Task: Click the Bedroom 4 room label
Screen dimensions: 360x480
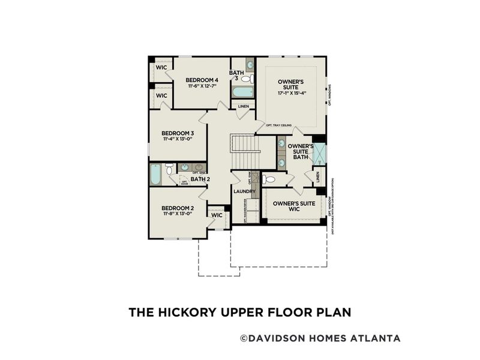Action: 201,80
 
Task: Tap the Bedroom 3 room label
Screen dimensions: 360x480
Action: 178,133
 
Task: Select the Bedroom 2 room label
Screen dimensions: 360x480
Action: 178,208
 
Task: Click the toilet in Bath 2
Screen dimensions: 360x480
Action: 170,170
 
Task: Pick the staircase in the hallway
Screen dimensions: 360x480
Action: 244,152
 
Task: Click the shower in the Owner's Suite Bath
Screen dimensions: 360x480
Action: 319,154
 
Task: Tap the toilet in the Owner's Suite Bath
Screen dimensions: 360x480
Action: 269,179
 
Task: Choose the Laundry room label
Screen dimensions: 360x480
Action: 245,192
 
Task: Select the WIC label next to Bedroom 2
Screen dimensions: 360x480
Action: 217,215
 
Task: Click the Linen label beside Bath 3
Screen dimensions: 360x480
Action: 243,107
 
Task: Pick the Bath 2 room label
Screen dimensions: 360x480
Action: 200,179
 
